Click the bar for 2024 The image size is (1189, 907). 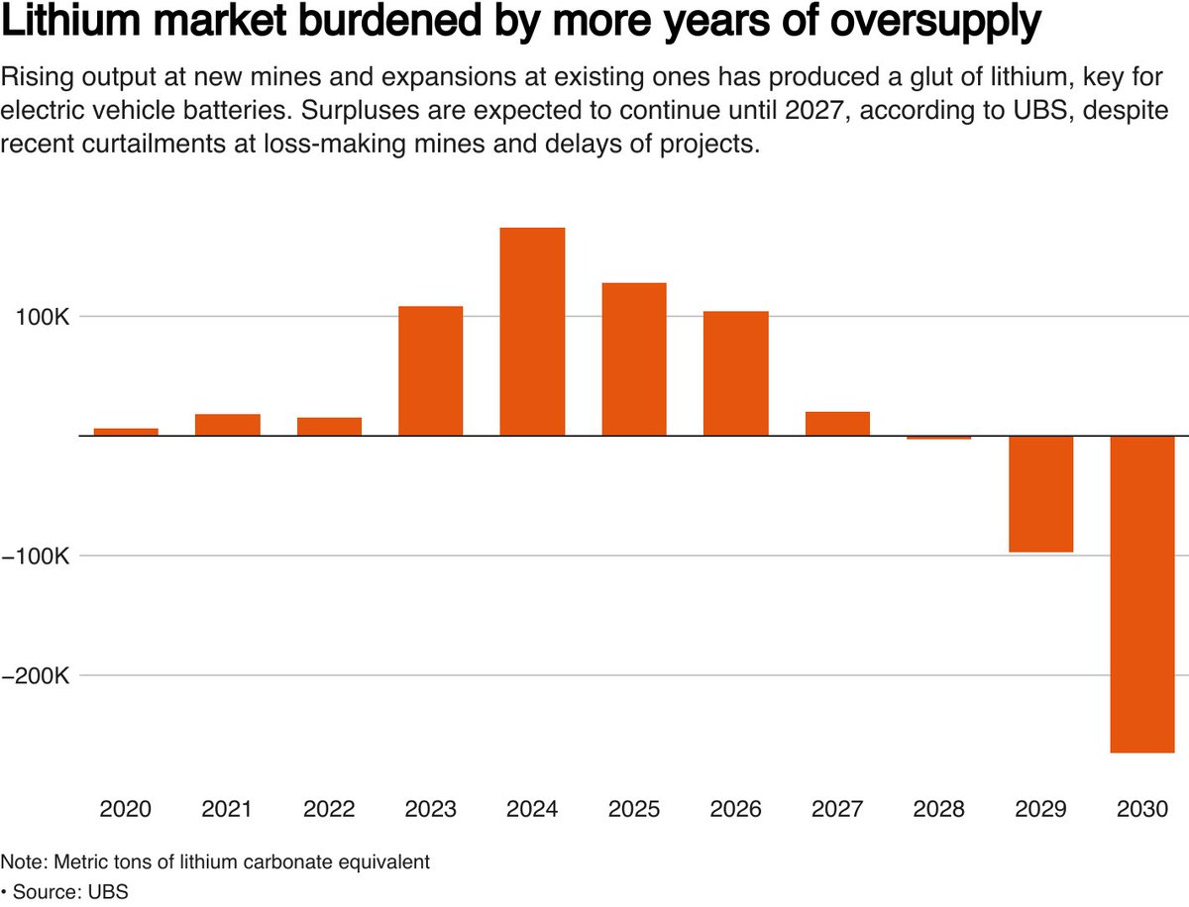[x=532, y=332]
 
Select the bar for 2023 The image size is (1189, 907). [x=430, y=371]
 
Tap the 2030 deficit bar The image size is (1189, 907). [x=1141, y=594]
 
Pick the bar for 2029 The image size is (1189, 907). [x=1040, y=494]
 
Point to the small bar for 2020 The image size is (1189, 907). [x=126, y=432]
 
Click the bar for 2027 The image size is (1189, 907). [x=837, y=424]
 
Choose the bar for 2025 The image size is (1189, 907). [x=634, y=359]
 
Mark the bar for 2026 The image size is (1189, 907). [x=735, y=373]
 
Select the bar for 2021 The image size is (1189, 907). [x=227, y=425]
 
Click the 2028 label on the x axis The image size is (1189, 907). [x=938, y=809]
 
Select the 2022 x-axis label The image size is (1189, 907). [x=329, y=809]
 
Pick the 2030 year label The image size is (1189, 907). [x=1141, y=809]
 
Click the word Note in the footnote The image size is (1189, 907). [x=20, y=861]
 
